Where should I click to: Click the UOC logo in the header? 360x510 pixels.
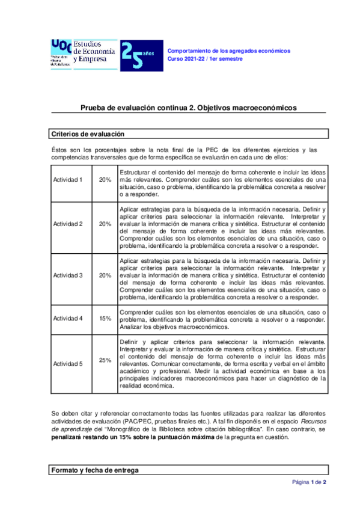click(x=60, y=54)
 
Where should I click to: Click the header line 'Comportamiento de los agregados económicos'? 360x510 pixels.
click(x=228, y=51)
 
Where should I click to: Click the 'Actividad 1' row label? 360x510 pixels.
click(x=68, y=180)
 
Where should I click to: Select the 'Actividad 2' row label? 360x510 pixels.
click(x=68, y=224)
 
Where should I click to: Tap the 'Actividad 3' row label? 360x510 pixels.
click(x=68, y=275)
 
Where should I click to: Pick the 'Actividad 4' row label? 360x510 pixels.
click(x=68, y=318)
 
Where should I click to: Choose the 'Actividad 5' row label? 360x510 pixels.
click(x=68, y=363)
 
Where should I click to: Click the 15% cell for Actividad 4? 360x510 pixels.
click(x=105, y=318)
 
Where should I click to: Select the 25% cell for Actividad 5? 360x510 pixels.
click(x=105, y=360)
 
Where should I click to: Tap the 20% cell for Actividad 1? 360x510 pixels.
click(x=105, y=180)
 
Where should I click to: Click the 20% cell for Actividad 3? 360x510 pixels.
click(x=105, y=275)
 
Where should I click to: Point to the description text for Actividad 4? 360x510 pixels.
click(x=222, y=320)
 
